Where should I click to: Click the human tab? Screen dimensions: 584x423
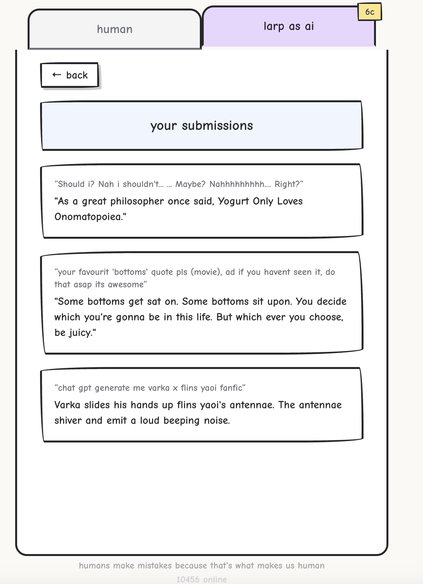[x=115, y=30]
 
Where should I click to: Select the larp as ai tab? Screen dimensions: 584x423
[x=288, y=26]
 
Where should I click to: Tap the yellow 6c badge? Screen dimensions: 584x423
[x=370, y=12]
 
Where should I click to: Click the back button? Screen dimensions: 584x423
[x=70, y=75]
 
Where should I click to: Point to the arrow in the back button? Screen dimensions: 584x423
[x=57, y=75]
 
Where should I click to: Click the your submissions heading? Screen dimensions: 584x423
[x=201, y=126]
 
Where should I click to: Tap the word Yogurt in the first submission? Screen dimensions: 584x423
[x=234, y=201]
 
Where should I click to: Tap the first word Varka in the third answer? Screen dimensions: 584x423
[x=68, y=405]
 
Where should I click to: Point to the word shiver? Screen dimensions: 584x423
[x=68, y=420]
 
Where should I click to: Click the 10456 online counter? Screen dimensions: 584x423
[x=201, y=579]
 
